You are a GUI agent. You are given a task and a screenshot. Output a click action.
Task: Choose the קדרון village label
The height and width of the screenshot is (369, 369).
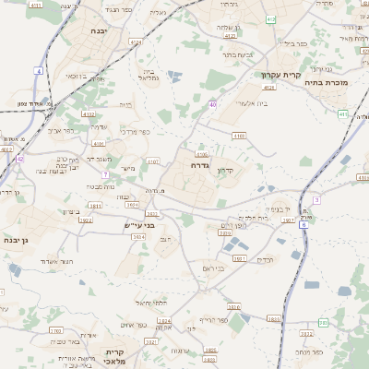227,171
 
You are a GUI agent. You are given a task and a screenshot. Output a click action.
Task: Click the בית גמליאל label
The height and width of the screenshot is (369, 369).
148,75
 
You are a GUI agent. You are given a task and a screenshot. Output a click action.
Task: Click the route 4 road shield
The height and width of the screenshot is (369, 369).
39,70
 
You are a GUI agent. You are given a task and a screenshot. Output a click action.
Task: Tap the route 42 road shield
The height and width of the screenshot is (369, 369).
19,158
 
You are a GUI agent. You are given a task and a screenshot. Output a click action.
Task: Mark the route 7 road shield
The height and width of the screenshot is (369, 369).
106,173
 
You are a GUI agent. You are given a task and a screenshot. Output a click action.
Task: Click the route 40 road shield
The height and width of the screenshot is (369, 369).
212,105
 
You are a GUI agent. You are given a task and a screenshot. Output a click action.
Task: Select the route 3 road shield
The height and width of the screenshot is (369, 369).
316,199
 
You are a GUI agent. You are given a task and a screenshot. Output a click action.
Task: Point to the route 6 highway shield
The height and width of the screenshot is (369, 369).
303,224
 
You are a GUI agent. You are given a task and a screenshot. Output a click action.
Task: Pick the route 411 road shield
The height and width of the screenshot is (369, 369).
342,113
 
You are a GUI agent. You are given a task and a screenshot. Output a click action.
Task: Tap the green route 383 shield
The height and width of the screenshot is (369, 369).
323,322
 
